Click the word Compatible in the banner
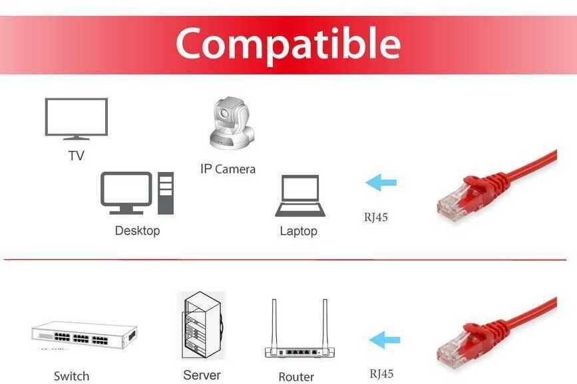point(288,44)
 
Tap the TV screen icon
point(76,118)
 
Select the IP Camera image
point(231,124)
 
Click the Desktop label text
point(137,231)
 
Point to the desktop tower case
point(165,193)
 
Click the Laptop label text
point(298,231)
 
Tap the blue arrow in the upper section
point(381,182)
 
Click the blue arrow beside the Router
point(385,340)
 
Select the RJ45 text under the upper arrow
point(375,216)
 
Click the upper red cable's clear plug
point(453,204)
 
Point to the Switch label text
point(71,376)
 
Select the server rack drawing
point(202,326)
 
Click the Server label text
point(202,375)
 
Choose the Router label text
point(296,377)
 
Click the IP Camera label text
point(228,169)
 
